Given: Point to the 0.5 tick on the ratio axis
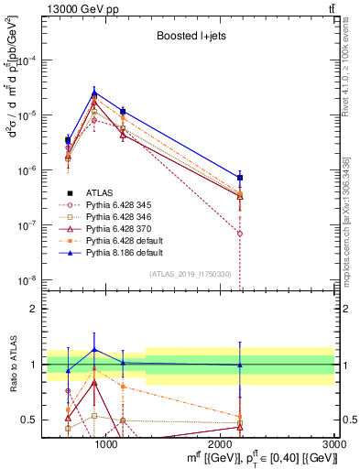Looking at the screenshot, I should (x=30, y=420).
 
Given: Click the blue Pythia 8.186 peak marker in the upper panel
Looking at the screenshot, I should (x=94, y=92).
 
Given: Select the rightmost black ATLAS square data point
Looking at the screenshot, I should (x=240, y=178).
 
